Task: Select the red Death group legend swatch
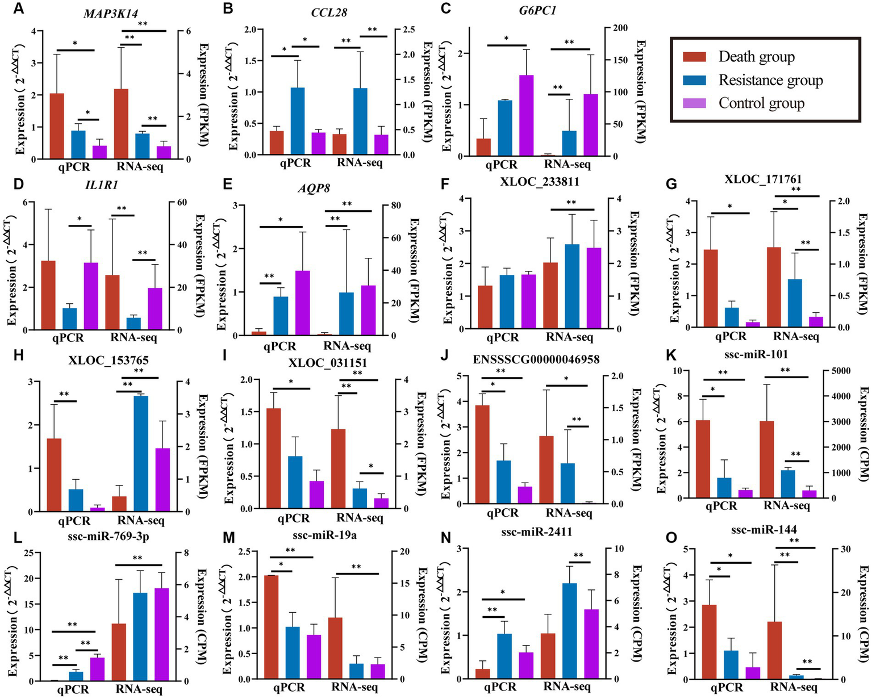coord(694,57)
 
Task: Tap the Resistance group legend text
coord(770,80)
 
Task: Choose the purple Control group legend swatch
coord(694,103)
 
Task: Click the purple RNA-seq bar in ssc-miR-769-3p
coord(162,633)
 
